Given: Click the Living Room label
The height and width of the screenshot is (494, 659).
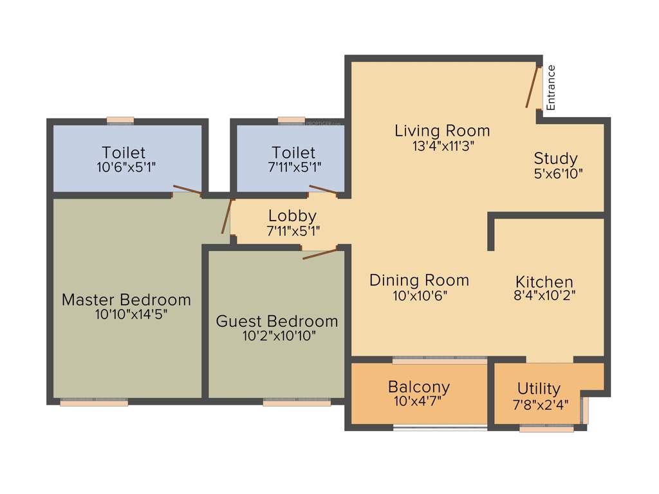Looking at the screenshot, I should (x=442, y=131).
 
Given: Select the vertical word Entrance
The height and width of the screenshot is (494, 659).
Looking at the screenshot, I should (x=551, y=87).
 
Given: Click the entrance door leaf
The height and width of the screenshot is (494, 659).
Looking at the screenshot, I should (x=532, y=87).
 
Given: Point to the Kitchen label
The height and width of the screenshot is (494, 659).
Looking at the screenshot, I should (x=544, y=282).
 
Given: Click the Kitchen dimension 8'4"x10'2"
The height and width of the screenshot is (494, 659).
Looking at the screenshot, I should (x=544, y=296).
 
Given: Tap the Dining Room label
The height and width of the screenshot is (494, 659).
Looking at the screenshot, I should (x=419, y=280).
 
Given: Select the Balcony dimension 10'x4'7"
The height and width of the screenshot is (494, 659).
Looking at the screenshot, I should (x=419, y=402).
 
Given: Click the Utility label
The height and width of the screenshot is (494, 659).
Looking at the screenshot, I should (x=539, y=389).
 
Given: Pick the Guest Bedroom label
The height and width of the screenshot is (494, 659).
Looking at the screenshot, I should (x=277, y=321).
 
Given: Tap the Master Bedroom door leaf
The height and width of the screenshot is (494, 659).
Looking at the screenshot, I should (x=227, y=216).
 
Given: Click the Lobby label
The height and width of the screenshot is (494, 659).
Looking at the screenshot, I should (x=292, y=216).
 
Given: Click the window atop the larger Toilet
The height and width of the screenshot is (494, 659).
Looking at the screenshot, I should (x=120, y=120).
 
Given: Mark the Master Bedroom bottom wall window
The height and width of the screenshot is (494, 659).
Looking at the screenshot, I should (x=94, y=403).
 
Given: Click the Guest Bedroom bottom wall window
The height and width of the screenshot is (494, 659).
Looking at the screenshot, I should (x=297, y=403).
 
